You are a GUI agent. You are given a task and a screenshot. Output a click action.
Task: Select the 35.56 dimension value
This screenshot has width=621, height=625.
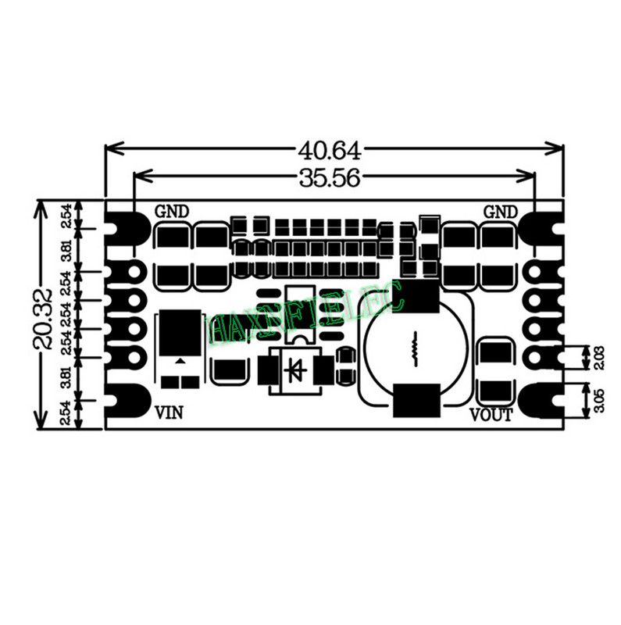tap(328, 178)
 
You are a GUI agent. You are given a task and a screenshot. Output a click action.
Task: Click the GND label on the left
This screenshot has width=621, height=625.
tap(173, 212)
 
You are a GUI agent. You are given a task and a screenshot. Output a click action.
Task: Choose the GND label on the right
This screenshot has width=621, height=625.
tap(501, 212)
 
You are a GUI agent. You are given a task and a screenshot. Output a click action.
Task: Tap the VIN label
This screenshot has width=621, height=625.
tap(170, 412)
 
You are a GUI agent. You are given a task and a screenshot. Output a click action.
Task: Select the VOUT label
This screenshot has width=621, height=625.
tap(491, 415)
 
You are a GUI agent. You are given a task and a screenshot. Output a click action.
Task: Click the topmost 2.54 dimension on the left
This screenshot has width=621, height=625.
tap(68, 216)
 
